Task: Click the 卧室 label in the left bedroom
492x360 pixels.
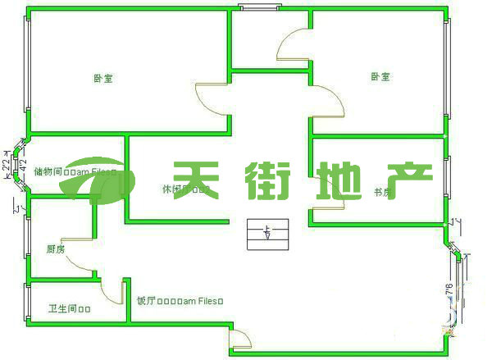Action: (x=103, y=79)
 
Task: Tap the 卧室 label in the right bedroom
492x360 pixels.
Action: (x=380, y=76)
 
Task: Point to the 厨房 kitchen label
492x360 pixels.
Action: (x=55, y=248)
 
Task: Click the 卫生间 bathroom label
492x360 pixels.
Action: (x=69, y=309)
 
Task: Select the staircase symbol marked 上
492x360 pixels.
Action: (x=269, y=235)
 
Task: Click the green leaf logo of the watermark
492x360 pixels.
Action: (x=99, y=179)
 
